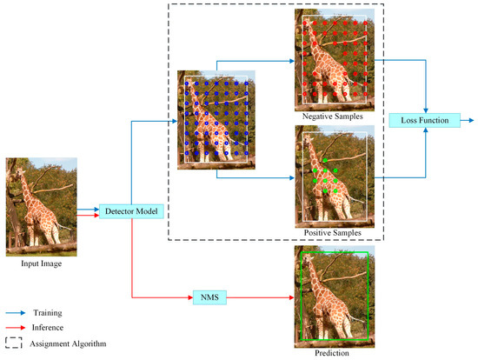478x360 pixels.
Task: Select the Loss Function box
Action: pos(419,119)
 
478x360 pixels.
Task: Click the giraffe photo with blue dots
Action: pos(216,118)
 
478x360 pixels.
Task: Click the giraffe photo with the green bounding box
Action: pos(335,296)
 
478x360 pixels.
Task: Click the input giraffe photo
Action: pos(35,204)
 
